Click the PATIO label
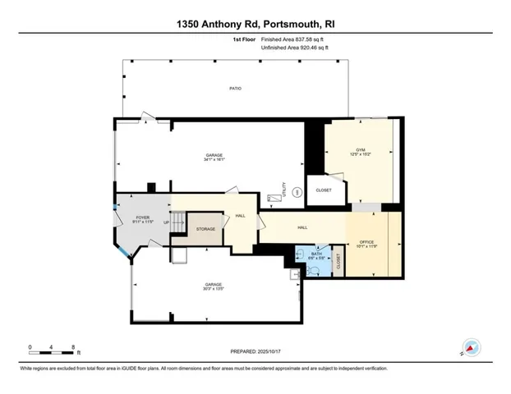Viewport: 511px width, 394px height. click(235, 88)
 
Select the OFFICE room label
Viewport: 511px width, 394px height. click(366, 242)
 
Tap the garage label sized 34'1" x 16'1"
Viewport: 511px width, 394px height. click(214, 157)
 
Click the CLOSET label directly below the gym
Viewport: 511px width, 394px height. click(324, 190)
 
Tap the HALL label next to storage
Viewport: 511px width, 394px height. click(240, 215)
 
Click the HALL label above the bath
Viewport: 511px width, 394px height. click(302, 227)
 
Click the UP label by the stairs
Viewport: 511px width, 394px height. click(165, 222)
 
